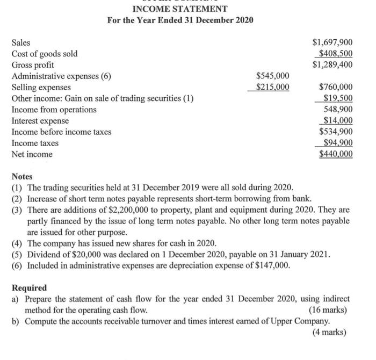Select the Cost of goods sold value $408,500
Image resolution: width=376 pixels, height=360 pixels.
click(335, 53)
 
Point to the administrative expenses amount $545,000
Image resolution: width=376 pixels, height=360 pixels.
click(272, 76)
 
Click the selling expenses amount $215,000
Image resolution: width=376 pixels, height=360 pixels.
click(272, 87)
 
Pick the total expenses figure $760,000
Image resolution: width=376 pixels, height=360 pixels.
click(336, 87)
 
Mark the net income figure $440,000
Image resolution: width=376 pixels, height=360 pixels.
click(336, 154)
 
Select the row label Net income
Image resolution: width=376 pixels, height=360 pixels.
click(32, 154)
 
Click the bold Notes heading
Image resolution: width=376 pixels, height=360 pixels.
click(22, 176)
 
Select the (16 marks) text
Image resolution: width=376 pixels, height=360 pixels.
click(328, 310)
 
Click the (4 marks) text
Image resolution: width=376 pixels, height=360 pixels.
click(330, 332)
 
